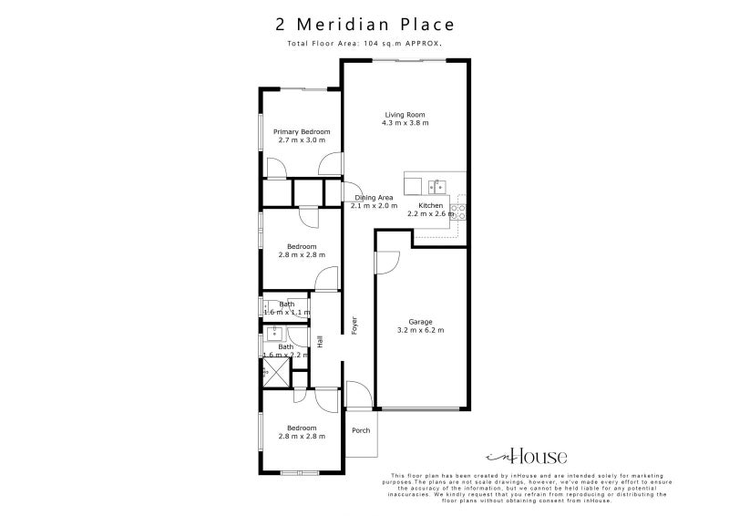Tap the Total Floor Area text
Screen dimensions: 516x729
(364, 43)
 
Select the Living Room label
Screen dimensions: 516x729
(406, 114)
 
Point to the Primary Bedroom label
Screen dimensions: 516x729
(302, 132)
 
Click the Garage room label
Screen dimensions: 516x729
(420, 322)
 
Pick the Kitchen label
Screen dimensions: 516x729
(431, 206)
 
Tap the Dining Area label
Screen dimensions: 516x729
(375, 198)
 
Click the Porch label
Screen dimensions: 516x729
(361, 430)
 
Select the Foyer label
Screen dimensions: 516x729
(354, 324)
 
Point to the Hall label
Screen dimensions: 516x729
(320, 341)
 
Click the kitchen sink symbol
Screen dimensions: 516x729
(436, 187)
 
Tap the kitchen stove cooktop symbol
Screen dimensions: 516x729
(459, 212)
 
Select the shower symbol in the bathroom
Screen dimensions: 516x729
(272, 372)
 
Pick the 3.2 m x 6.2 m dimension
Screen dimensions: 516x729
(420, 330)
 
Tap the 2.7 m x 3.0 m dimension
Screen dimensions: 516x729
(302, 140)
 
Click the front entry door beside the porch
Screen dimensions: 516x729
(358, 395)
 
